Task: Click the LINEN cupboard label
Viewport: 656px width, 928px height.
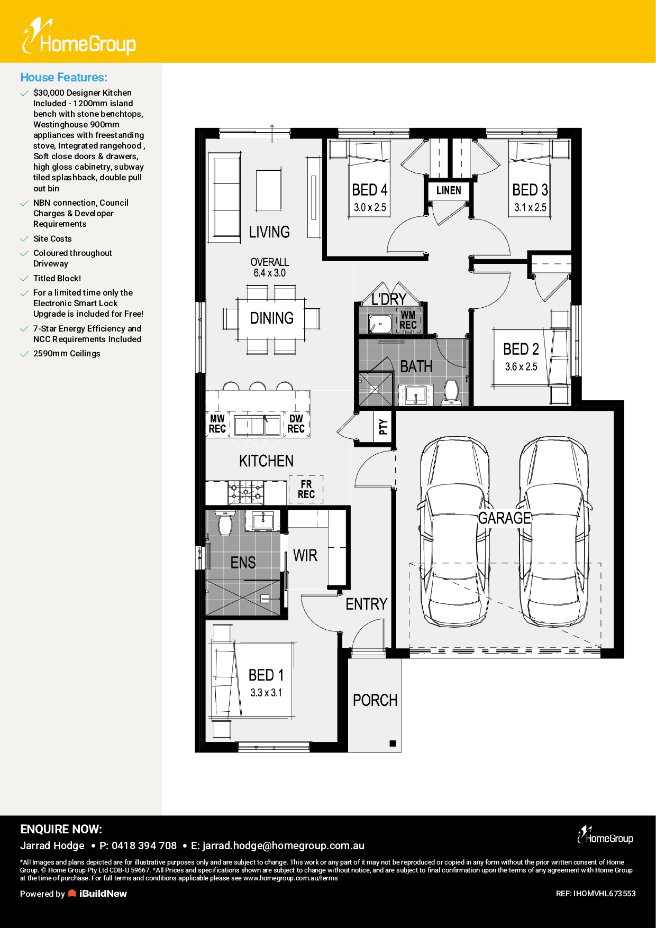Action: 449,190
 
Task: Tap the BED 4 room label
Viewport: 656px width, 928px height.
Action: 370,190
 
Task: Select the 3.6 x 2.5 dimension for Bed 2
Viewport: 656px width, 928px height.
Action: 521,366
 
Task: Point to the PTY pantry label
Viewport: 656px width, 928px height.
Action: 383,426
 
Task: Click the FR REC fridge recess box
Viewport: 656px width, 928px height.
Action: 306,489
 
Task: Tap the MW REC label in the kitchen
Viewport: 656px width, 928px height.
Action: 217,424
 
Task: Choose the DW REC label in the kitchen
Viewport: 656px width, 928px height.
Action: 296,424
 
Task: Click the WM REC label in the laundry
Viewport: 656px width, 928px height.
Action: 408,320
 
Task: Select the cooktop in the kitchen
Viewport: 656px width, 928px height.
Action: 246,492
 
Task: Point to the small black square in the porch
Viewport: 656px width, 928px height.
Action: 393,743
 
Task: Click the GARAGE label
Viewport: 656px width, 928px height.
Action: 504,518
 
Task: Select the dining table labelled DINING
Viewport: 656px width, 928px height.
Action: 271,318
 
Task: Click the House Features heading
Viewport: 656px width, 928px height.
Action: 63,77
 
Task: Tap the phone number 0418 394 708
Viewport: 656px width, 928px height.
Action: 144,846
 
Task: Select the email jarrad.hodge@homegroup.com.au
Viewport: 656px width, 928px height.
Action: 283,846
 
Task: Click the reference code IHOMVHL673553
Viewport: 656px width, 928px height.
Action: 605,894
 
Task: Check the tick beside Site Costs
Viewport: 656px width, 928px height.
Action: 24,239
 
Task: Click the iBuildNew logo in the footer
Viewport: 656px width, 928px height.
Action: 98,894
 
